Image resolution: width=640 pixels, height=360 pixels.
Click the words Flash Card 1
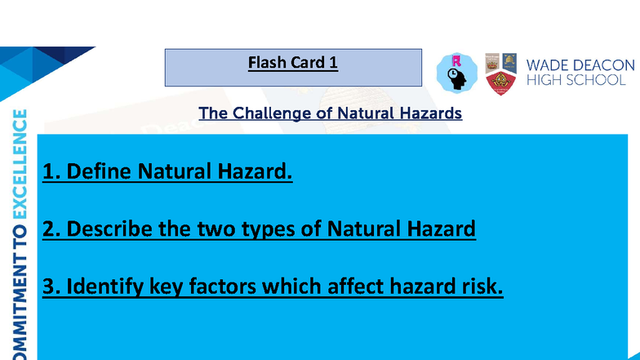(x=292, y=63)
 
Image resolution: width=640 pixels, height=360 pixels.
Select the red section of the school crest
(x=500, y=83)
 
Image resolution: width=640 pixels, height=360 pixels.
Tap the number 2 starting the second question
(x=48, y=229)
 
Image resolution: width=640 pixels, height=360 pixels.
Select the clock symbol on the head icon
(x=452, y=74)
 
